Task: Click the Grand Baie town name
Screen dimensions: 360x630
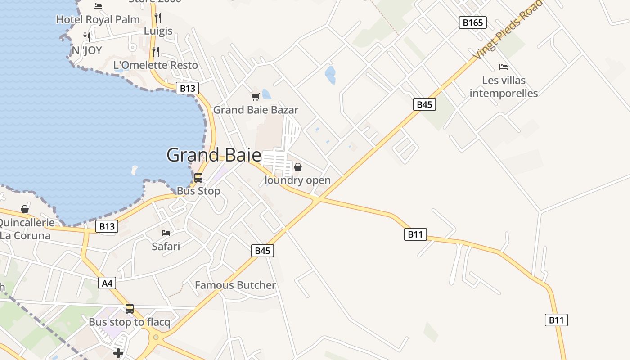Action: (x=214, y=155)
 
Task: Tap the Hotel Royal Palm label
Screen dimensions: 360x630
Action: (x=98, y=20)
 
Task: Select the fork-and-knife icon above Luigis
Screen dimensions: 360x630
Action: (x=158, y=18)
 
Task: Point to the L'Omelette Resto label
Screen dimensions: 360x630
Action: (x=155, y=65)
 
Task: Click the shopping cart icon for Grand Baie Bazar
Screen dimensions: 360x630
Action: (x=255, y=97)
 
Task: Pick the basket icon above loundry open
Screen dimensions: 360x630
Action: (x=297, y=167)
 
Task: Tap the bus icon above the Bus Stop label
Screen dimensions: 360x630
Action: (x=198, y=178)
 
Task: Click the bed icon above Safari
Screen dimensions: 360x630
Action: (x=166, y=233)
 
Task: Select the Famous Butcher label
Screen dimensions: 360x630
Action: (x=235, y=285)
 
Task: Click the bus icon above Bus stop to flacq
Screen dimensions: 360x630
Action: (x=130, y=309)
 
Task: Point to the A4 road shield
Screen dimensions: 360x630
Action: (x=107, y=283)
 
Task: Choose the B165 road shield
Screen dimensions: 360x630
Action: (x=473, y=22)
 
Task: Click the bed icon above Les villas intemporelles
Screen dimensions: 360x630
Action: (x=504, y=67)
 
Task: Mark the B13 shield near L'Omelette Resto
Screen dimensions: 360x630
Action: (x=187, y=88)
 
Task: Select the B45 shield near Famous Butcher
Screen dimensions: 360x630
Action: (x=262, y=251)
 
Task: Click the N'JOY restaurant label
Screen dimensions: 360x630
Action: (x=87, y=50)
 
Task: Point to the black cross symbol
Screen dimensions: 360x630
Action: (x=118, y=353)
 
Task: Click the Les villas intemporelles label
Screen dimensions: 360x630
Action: (x=504, y=87)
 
